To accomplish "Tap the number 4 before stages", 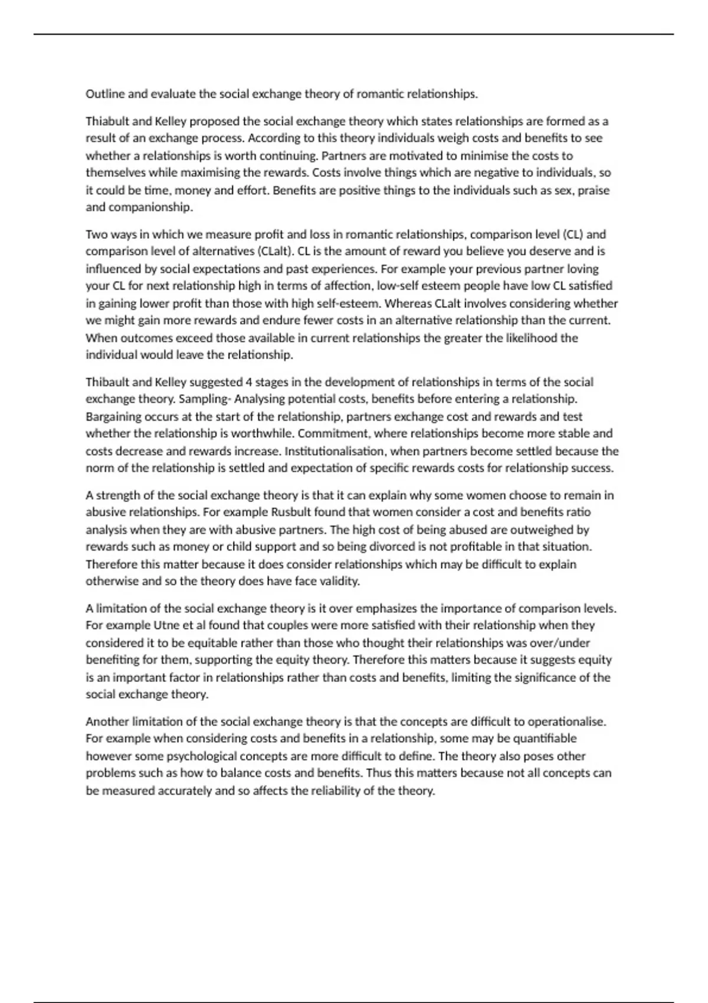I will point(249,382).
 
